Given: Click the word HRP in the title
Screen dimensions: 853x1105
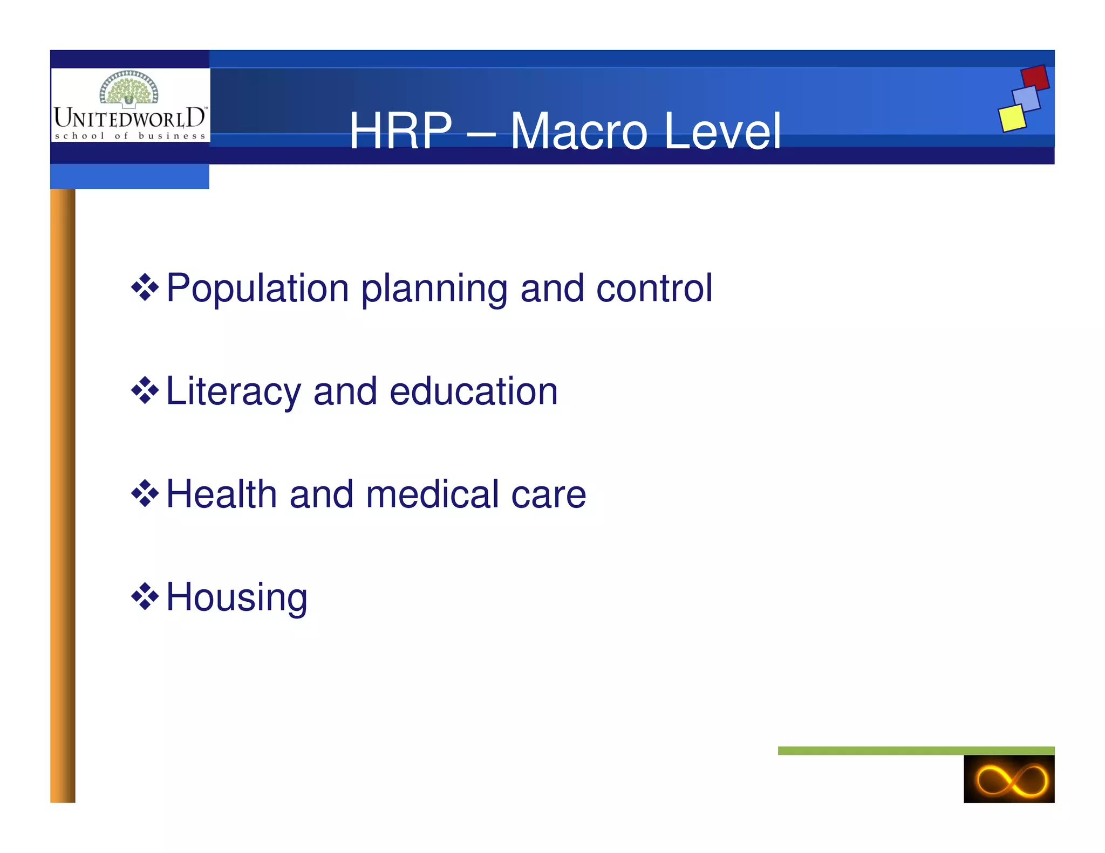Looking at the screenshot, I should [400, 131].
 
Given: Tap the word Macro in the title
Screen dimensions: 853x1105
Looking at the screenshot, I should [578, 131].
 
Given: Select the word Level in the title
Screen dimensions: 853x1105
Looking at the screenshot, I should [722, 131].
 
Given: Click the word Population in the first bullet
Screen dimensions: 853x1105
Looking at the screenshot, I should [257, 288].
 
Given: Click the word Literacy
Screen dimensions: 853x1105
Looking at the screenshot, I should [233, 392].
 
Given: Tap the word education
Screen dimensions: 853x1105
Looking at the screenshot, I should [473, 391].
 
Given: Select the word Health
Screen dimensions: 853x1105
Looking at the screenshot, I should [221, 494].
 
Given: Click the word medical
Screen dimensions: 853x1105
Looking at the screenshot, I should [432, 494].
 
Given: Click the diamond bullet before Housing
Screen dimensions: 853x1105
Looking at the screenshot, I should [145, 597].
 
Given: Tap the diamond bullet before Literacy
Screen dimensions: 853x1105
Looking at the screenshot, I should [145, 391].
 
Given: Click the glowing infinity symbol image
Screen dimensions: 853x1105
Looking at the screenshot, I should [1008, 779].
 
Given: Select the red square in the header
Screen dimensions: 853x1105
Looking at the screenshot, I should [1035, 78].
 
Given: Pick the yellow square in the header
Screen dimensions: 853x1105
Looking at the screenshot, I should [1012, 118].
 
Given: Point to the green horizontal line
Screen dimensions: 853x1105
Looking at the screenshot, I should [916, 751].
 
